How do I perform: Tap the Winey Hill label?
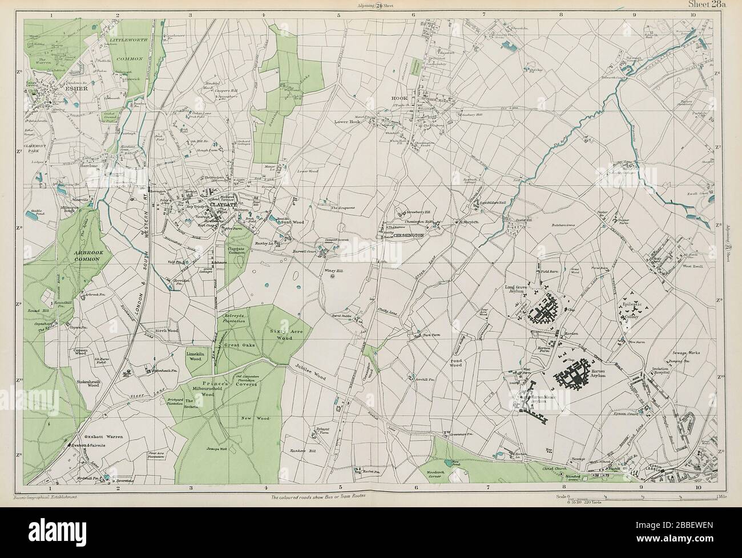point(333,271)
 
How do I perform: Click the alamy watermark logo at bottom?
point(371,536)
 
